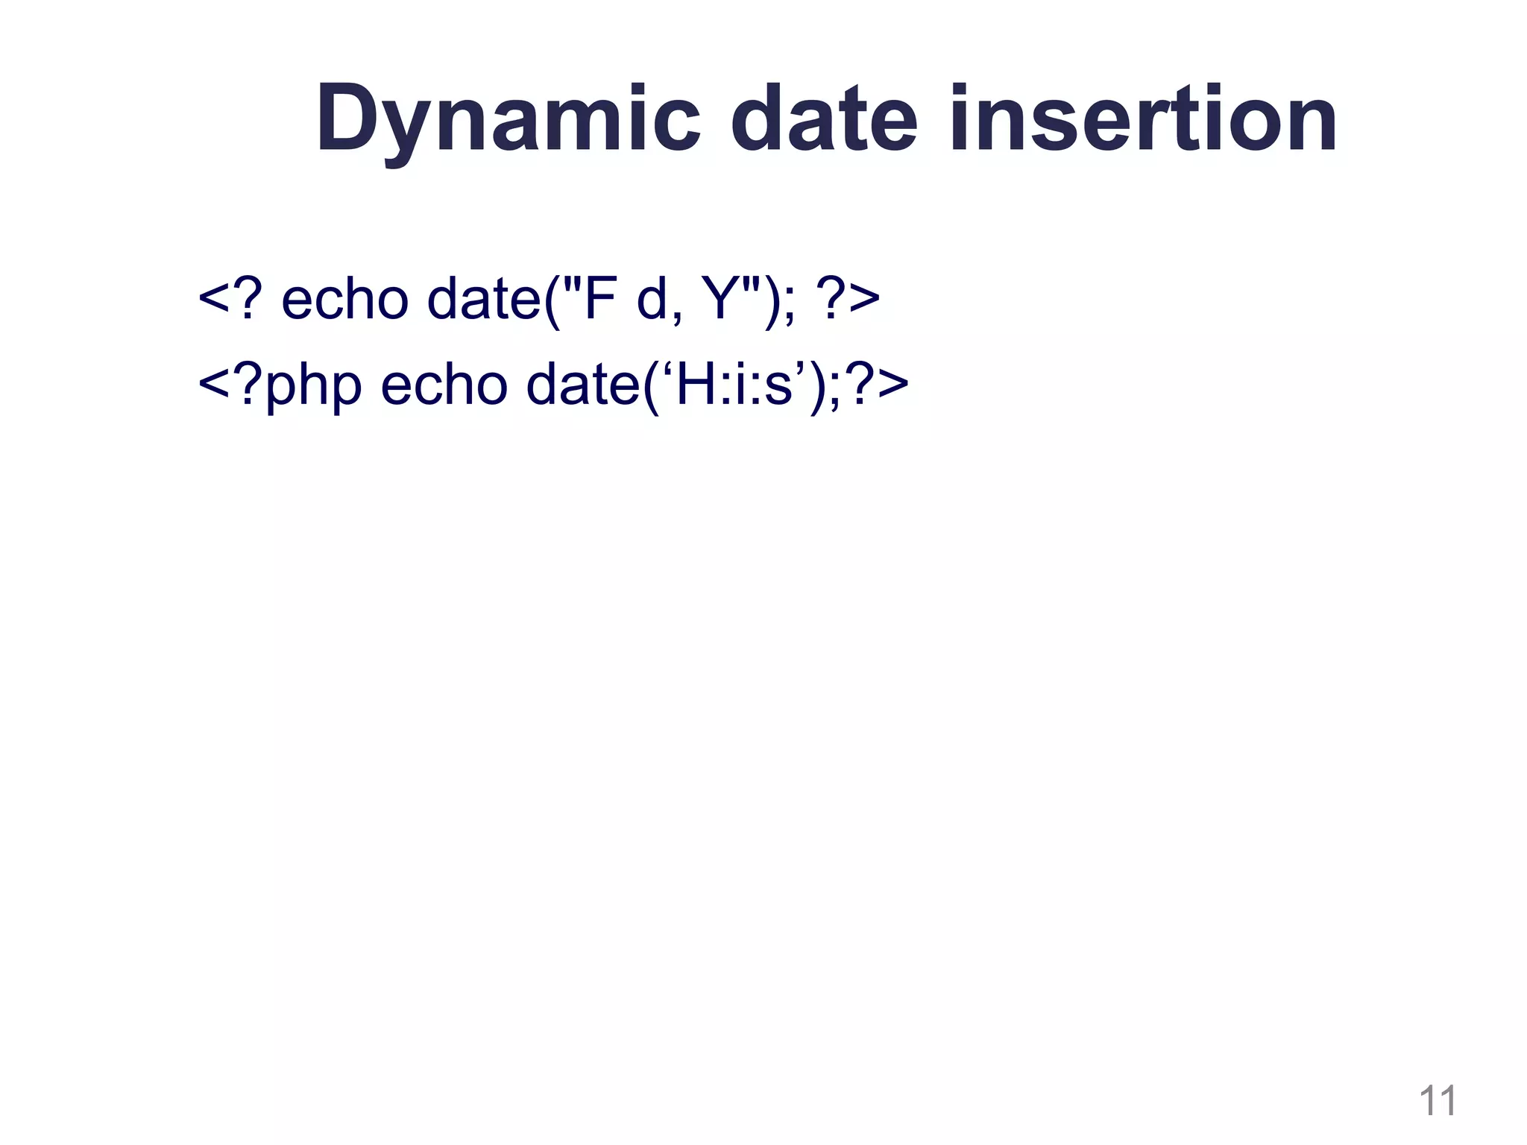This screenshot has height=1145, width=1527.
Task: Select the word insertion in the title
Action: [1144, 119]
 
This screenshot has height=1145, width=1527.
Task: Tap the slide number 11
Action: [1437, 1101]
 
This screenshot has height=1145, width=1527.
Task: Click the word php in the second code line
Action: [313, 386]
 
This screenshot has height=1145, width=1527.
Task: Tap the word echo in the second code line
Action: [444, 385]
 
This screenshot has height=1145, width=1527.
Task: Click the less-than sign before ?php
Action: [215, 385]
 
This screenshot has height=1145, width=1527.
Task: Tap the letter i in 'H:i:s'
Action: [739, 385]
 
